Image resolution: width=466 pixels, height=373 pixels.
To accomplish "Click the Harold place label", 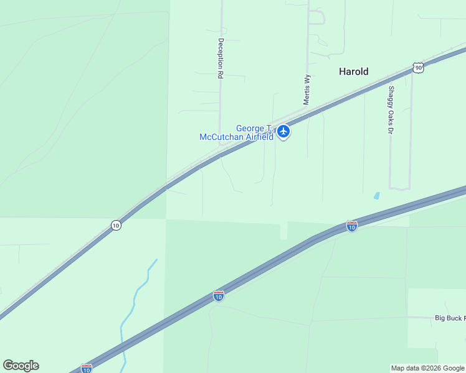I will click(x=353, y=71).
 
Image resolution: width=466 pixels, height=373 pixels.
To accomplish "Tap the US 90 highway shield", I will click(x=418, y=67).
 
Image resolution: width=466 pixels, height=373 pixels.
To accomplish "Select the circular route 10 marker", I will click(x=116, y=225).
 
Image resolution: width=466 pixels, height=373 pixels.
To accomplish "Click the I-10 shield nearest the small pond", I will click(x=352, y=227).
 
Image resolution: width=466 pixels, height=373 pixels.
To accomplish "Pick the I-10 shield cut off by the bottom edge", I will click(x=87, y=369).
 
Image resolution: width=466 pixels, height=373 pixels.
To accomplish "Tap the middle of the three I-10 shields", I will click(x=218, y=296).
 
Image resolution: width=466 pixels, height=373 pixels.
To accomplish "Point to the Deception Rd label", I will click(x=221, y=58).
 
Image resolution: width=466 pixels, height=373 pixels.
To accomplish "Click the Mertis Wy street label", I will click(x=307, y=89).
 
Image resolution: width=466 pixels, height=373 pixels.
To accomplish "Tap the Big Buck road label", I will click(x=449, y=318).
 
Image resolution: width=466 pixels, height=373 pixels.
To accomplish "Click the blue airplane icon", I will click(x=284, y=131).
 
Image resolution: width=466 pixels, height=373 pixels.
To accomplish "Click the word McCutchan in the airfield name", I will click(x=221, y=137).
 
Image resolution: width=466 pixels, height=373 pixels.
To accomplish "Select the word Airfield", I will click(x=258, y=137).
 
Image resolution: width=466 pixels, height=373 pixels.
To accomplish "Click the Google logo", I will click(x=21, y=366).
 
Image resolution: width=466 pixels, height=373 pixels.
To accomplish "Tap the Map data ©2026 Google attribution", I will click(x=427, y=368).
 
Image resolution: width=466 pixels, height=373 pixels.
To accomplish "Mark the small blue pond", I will click(x=376, y=196).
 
